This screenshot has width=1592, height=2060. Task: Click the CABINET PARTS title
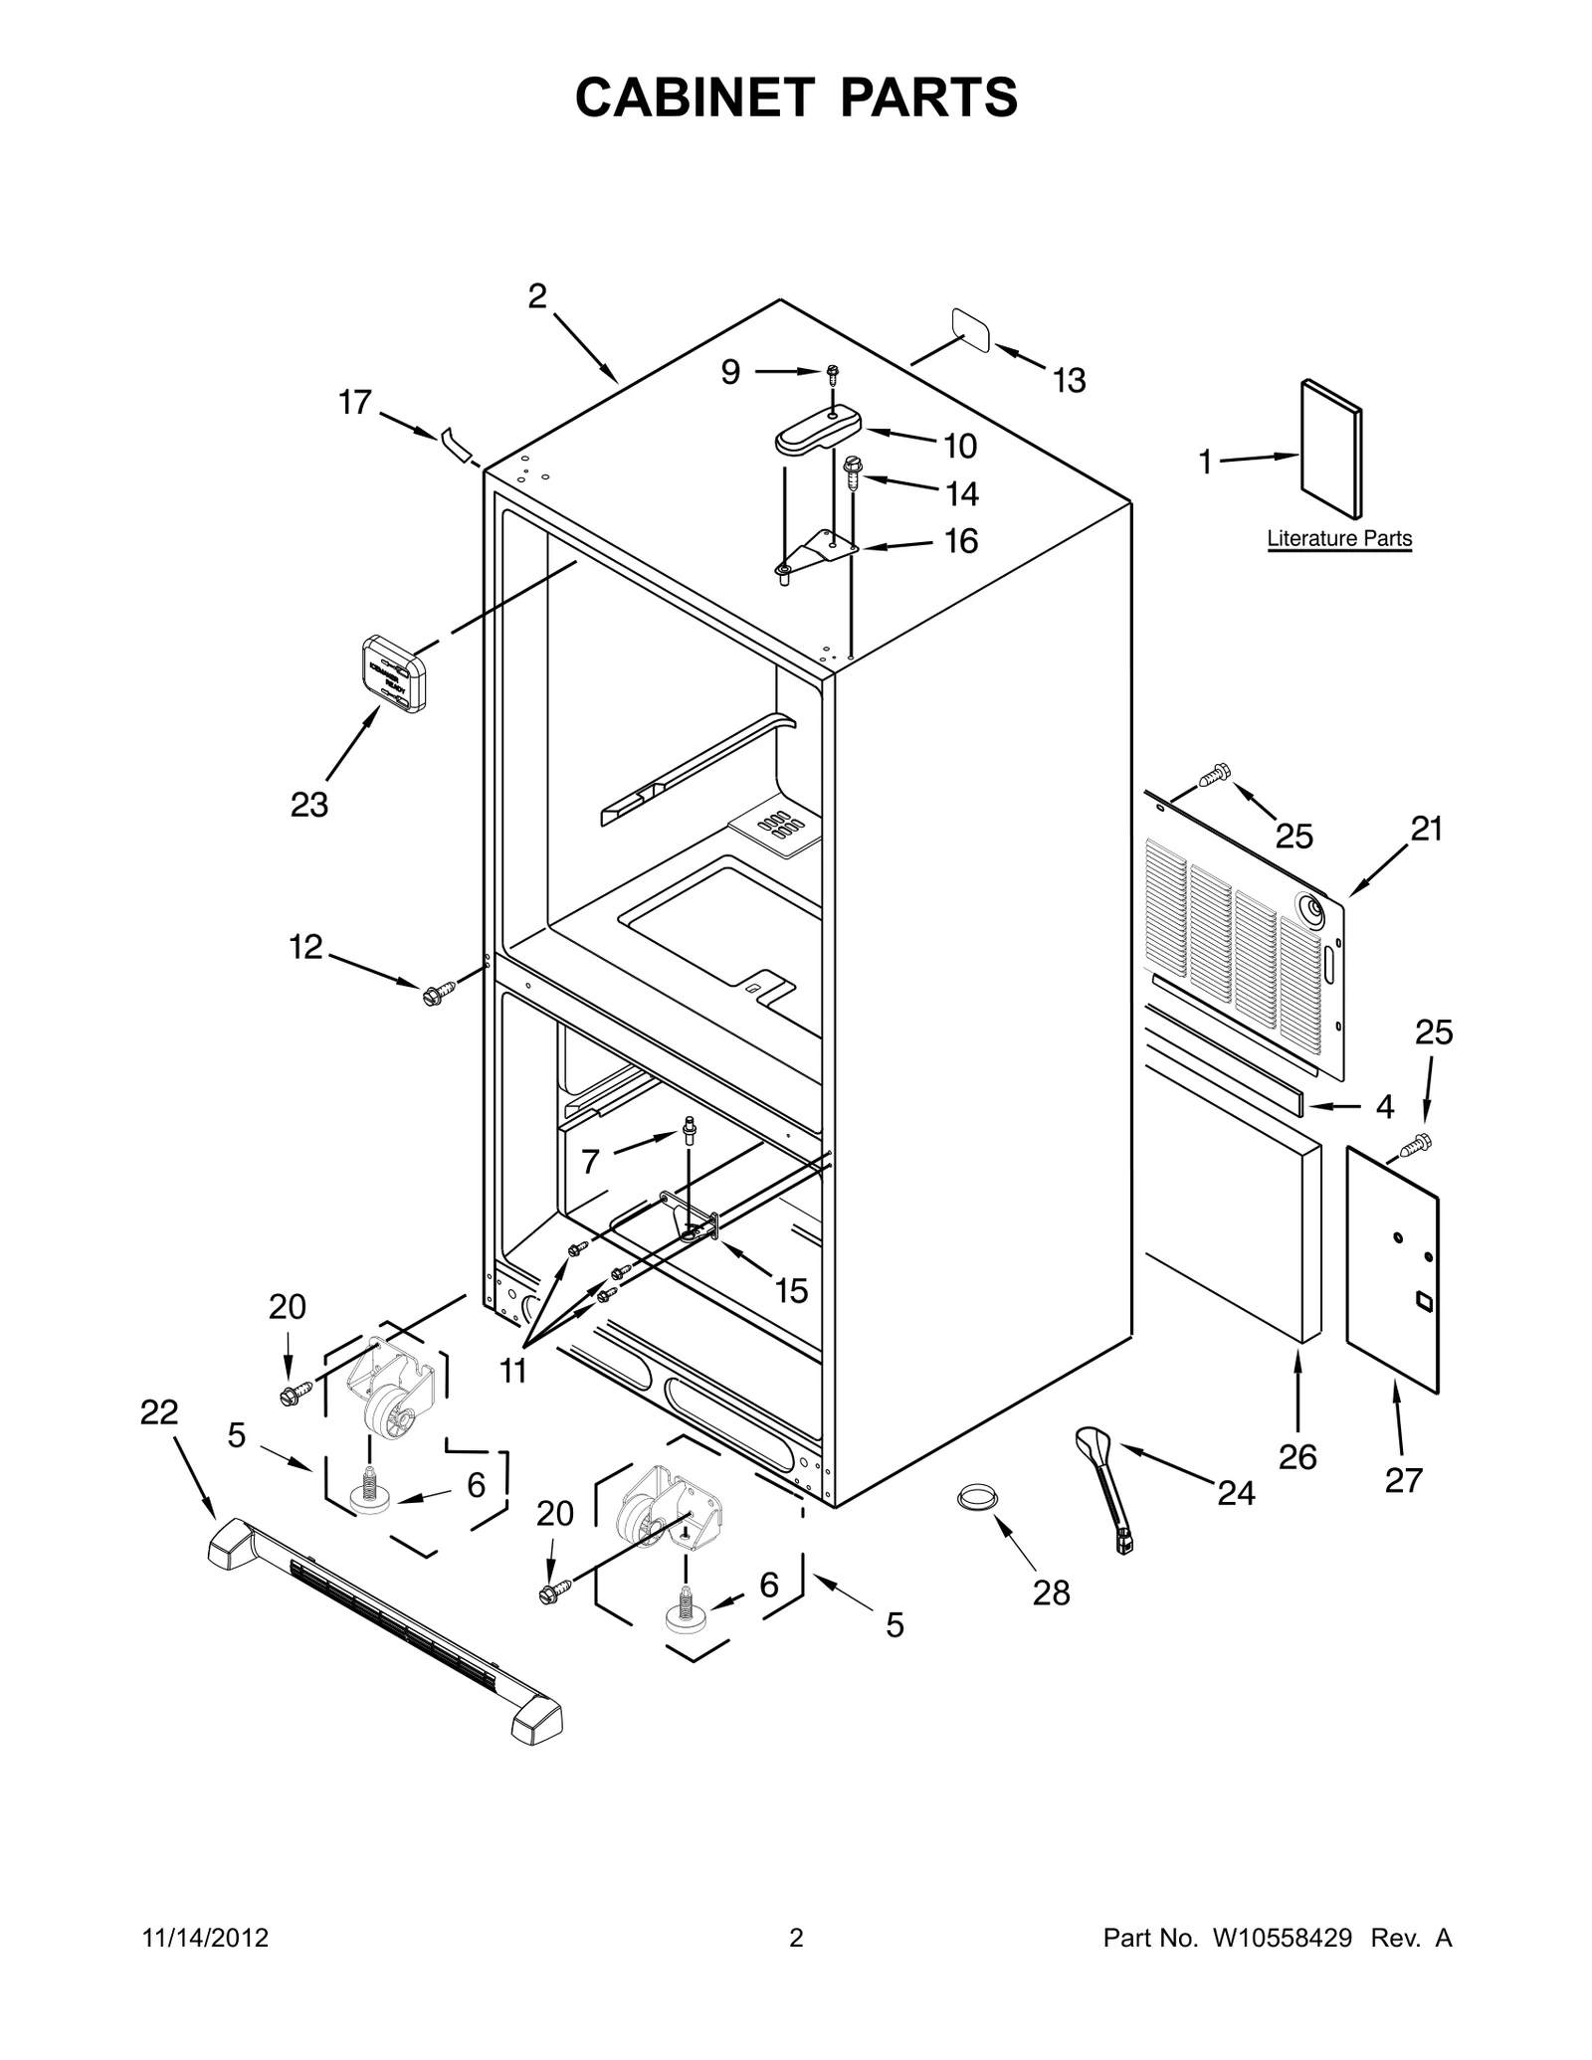click(796, 97)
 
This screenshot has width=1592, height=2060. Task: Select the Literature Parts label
click(1338, 539)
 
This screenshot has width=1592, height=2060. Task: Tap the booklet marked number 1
click(1331, 449)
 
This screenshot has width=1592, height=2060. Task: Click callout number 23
click(308, 805)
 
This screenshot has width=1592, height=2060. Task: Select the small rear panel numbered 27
click(1392, 1268)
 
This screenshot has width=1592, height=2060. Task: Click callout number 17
click(354, 403)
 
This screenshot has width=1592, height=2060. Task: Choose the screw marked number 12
click(438, 990)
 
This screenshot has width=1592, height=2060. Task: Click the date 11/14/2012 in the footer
click(206, 1938)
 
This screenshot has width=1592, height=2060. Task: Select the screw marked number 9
click(832, 372)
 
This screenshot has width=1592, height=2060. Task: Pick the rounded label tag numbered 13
click(972, 330)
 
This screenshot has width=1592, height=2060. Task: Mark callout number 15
click(790, 1291)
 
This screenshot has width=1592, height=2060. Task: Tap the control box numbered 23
click(393, 673)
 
